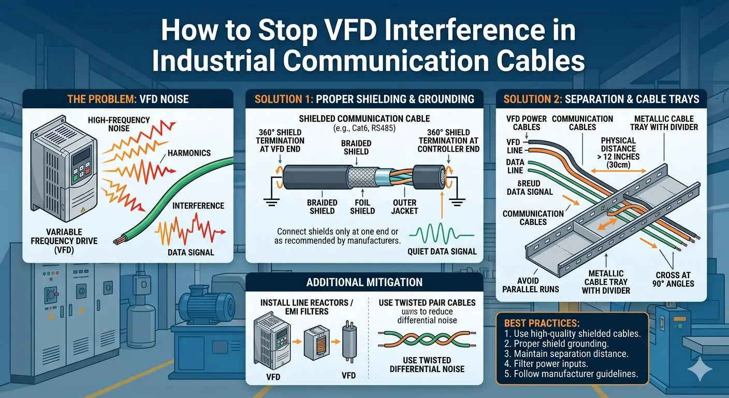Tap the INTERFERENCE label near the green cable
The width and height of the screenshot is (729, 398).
[198, 206]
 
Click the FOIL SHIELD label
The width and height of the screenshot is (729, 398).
[362, 207]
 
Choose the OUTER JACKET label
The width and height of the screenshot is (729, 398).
[405, 207]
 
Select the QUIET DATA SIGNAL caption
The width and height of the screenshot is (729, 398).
[441, 252]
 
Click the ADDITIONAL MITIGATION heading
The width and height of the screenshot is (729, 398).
[364, 282]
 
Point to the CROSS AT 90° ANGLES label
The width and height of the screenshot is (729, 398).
[673, 279]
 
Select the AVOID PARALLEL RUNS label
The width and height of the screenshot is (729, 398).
[531, 285]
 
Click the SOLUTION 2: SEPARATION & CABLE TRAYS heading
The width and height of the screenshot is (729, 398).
[601, 99]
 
